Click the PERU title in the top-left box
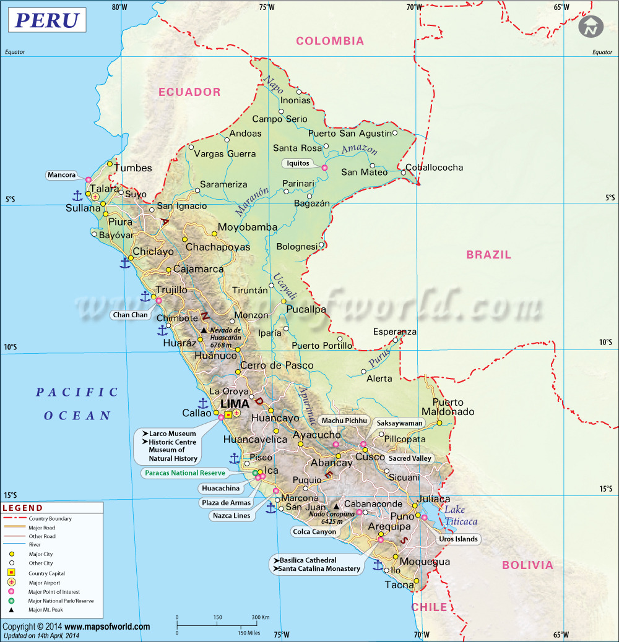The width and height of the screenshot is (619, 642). (x=46, y=20)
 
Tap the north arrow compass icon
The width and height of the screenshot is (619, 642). (x=591, y=27)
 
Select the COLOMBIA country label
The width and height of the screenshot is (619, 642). (x=330, y=41)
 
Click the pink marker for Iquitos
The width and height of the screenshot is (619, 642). (x=324, y=168)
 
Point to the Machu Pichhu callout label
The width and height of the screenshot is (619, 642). (x=345, y=421)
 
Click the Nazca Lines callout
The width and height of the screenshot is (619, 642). (x=232, y=515)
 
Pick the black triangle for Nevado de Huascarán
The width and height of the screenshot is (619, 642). (x=204, y=330)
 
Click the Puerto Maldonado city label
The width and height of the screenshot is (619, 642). (x=448, y=407)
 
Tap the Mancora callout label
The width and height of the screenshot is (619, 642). (x=61, y=175)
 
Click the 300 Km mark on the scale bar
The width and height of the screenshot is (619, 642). (x=261, y=617)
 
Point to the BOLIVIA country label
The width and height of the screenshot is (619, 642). (x=527, y=565)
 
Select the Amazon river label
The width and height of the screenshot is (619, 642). (x=359, y=149)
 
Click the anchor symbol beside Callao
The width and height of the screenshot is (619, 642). (x=202, y=403)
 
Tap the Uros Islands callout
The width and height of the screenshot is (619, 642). (x=458, y=539)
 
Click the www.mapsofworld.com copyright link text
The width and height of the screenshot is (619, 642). (x=107, y=627)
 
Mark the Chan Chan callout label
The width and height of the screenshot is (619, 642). (x=131, y=315)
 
